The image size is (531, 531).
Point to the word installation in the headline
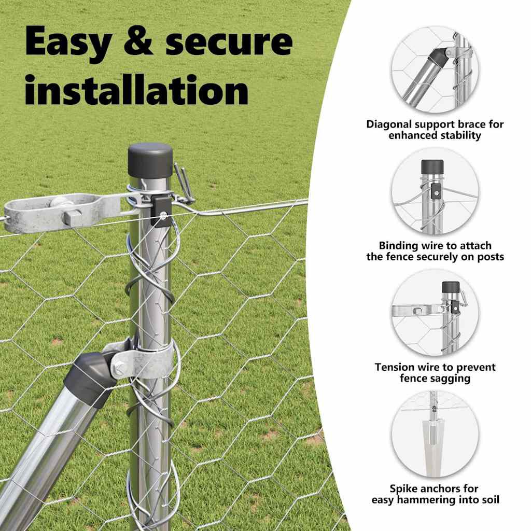pos(137,89)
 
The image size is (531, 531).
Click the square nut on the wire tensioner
pos(73,217)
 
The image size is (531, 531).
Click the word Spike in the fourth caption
pos(404,489)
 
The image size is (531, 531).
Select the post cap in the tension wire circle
pos(451,288)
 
